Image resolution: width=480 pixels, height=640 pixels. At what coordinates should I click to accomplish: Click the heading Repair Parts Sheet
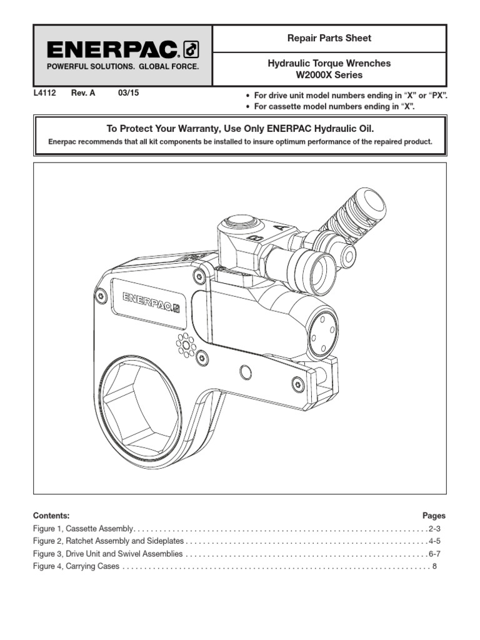coord(329,38)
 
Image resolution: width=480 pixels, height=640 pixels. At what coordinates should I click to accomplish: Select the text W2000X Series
coord(329,75)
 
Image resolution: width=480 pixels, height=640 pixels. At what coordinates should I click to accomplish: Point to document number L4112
coord(44,93)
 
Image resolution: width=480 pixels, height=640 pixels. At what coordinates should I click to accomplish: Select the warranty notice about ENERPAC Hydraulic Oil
coord(240,128)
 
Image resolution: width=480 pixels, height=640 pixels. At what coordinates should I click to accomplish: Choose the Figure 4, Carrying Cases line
coord(76,566)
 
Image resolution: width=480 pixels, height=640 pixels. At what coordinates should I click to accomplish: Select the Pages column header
coord(434,516)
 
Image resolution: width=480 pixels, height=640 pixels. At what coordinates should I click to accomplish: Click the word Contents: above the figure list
coord(51,516)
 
